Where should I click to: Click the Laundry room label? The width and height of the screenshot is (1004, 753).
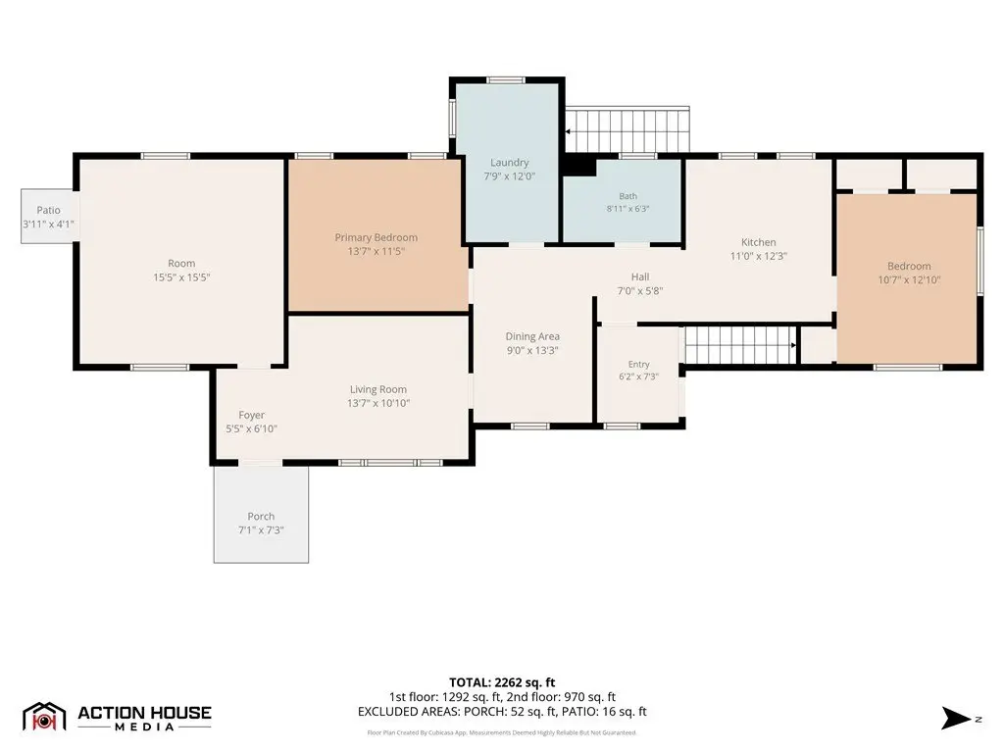(x=509, y=163)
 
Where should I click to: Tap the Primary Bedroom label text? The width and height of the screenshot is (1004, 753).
(x=376, y=237)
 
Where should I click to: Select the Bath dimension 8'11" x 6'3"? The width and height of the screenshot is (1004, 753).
(x=628, y=209)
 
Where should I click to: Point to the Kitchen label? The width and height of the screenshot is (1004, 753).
(x=758, y=242)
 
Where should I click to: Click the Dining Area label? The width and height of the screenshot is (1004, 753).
(x=532, y=336)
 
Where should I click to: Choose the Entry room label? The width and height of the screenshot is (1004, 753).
(x=638, y=365)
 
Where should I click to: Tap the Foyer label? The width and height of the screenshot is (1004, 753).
(x=252, y=415)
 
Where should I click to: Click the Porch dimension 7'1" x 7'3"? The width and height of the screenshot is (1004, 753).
(x=261, y=530)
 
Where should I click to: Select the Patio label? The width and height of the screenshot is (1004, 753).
(x=49, y=210)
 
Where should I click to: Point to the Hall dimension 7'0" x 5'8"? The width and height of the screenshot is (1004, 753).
(x=639, y=290)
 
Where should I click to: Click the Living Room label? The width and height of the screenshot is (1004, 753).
(x=377, y=389)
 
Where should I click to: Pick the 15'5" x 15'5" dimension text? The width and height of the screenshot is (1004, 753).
(x=181, y=277)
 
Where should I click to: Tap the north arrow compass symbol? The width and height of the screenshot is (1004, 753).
(x=957, y=719)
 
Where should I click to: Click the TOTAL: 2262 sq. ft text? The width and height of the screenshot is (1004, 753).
(x=502, y=682)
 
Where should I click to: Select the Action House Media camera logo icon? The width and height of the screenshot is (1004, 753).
(x=44, y=718)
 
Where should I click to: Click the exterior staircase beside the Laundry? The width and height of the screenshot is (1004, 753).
(x=627, y=130)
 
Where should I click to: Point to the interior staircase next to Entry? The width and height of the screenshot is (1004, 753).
(x=741, y=345)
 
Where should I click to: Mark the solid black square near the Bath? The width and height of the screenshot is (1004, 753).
(x=579, y=166)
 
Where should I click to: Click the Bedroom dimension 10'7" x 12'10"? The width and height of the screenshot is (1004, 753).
(x=909, y=279)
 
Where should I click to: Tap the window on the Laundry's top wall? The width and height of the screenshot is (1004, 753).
(x=506, y=80)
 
